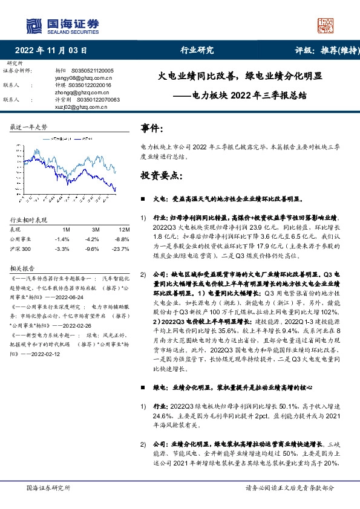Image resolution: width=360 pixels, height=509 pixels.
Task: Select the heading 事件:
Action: coord(151,128)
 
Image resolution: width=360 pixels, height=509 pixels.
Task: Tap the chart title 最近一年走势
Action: coord(29,127)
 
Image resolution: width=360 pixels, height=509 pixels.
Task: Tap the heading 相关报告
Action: coord(22,267)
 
